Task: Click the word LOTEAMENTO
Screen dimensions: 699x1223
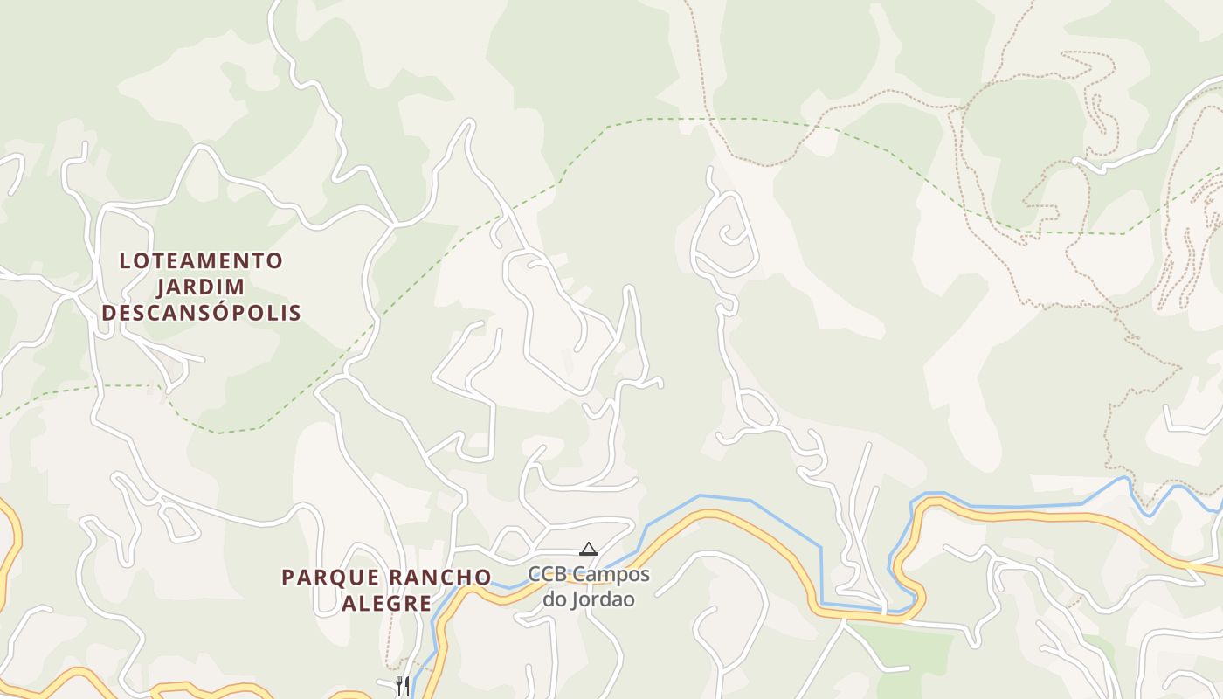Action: click(x=201, y=260)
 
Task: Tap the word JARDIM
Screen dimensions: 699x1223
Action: click(x=201, y=287)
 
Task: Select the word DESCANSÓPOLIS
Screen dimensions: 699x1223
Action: click(x=201, y=313)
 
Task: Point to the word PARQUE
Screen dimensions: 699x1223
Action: click(x=330, y=578)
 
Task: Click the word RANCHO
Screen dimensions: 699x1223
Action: click(x=439, y=578)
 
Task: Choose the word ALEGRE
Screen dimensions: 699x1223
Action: click(x=386, y=603)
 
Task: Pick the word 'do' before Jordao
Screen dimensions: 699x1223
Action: click(x=555, y=599)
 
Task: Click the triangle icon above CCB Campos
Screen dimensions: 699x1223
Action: click(x=589, y=549)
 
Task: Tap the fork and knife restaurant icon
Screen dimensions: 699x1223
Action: click(x=402, y=684)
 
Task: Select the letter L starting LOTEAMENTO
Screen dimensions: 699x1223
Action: click(x=125, y=260)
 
